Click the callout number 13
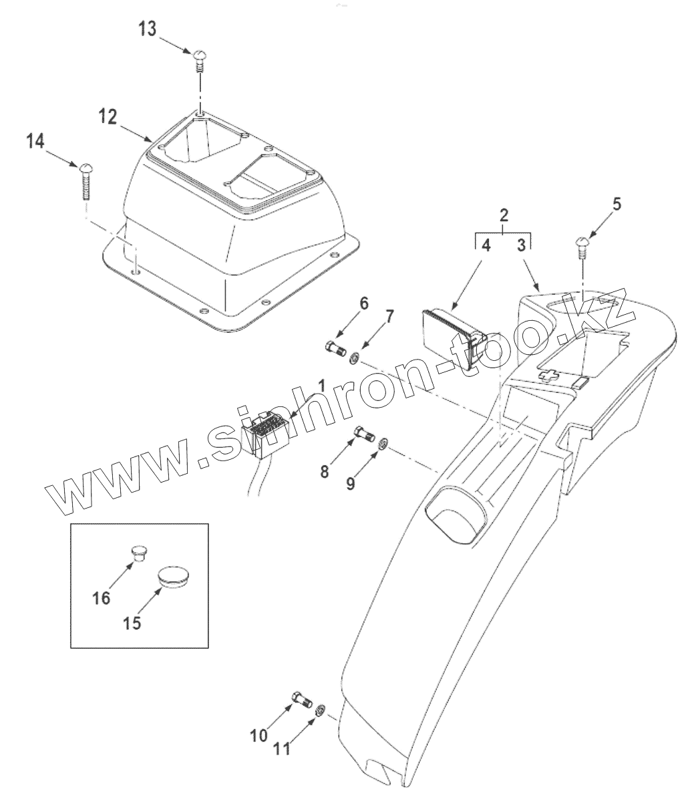point(148,29)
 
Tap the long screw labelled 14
point(87,180)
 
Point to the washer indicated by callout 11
point(321,710)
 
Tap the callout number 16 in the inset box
point(101,597)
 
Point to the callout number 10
point(259,735)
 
